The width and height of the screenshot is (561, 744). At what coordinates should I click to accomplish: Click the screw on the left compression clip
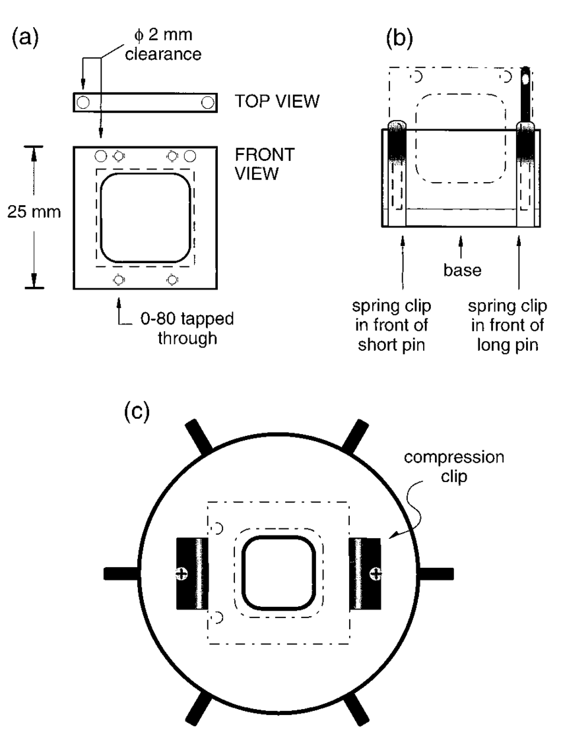coord(180,573)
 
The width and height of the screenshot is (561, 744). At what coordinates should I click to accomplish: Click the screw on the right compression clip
coord(376,573)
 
